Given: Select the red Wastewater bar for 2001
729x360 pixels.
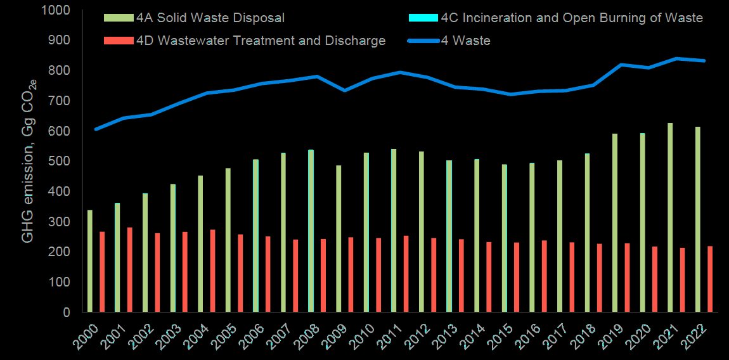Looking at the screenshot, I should point(130,269).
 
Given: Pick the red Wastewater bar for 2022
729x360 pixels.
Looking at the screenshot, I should point(710,279).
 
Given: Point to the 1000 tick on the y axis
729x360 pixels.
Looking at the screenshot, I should point(57,10).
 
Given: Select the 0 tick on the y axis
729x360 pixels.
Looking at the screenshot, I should point(67,312).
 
